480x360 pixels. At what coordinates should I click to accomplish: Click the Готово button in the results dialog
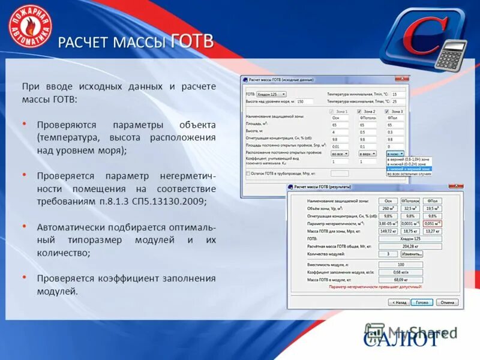pos(422,302)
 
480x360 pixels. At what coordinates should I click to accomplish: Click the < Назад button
pos(398,302)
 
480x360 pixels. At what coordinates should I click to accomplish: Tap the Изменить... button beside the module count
pos(409,254)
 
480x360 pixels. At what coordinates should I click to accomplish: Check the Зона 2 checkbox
pos(359,111)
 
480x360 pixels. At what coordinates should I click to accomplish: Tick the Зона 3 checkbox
pos(388,111)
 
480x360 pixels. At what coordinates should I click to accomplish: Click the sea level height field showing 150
pos(304,101)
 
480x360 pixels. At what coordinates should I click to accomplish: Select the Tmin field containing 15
pos(398,94)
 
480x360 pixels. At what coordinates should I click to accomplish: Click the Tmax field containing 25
pos(398,101)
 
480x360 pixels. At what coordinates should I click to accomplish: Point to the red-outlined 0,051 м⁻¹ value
pos(431,223)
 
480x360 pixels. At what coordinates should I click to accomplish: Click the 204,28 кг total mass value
pos(409,245)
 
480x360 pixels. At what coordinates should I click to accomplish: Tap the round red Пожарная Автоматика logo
pos(30,26)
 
